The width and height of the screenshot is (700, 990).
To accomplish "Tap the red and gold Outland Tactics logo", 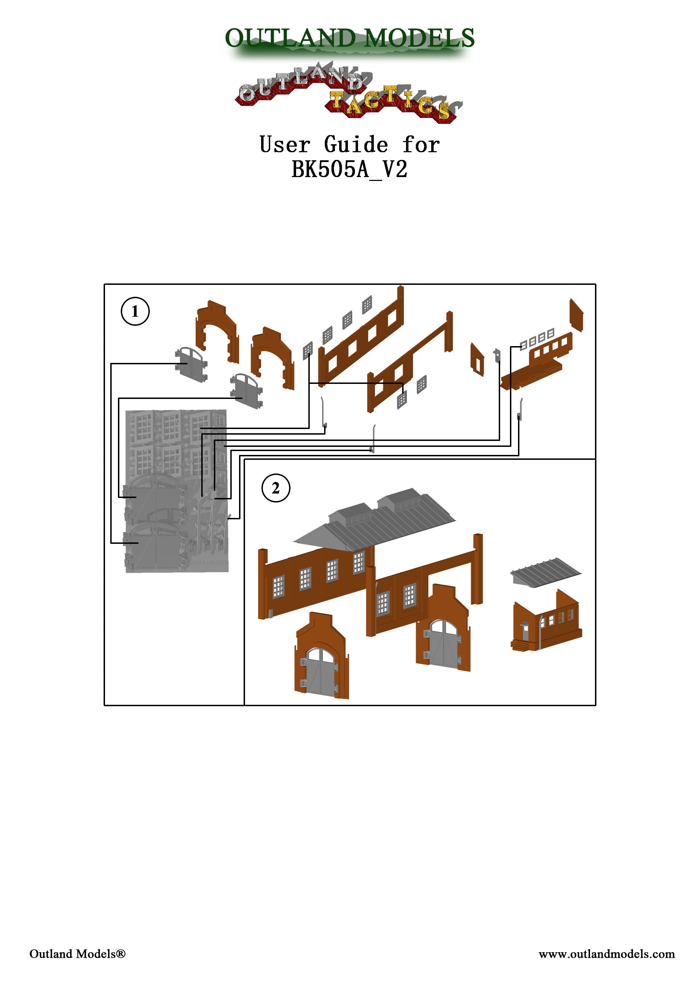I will tap(347, 93).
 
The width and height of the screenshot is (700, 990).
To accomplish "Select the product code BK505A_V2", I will tap(349, 169).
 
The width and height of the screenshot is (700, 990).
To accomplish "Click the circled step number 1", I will tap(135, 311).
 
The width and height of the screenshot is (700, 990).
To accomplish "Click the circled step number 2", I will tap(275, 488).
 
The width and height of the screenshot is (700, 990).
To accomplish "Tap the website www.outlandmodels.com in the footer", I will tap(607, 954).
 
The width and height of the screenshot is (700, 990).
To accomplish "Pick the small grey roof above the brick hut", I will tap(546, 572).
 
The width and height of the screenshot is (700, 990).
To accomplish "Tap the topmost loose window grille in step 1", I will tap(367, 304).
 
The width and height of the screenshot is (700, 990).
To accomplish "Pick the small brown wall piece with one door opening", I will tap(477, 359).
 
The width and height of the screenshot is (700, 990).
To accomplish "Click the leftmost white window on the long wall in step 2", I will tap(279, 587).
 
